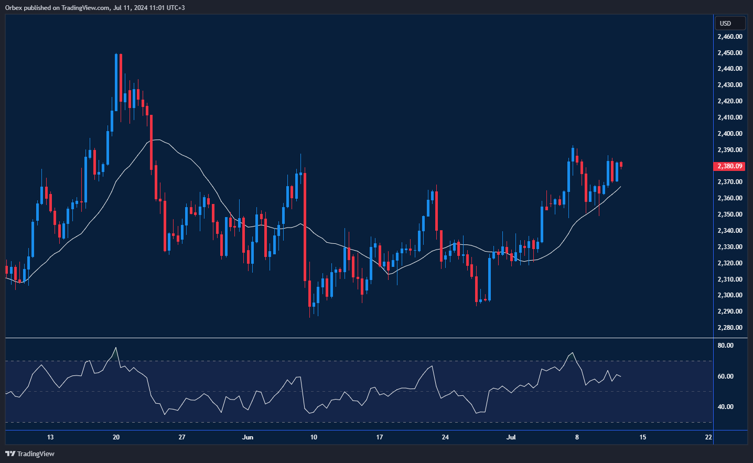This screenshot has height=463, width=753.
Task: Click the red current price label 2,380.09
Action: (729, 166)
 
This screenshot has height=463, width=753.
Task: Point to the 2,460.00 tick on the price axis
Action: (729, 37)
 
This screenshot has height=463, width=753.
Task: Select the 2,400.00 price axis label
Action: (729, 134)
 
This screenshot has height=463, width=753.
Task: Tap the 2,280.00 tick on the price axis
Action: (729, 328)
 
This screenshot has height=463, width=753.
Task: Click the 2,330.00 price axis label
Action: (729, 247)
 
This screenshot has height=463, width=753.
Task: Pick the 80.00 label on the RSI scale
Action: (726, 346)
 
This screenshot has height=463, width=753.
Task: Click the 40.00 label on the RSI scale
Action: (726, 407)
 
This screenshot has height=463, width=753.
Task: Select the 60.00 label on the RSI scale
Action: (726, 376)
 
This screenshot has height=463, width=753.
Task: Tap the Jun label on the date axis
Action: (248, 437)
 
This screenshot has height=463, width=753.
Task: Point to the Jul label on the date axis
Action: (511, 437)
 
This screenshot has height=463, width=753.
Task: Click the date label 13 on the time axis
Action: (50, 437)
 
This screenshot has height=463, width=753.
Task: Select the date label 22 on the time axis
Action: (708, 437)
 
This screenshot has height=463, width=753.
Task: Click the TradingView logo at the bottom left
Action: (30, 454)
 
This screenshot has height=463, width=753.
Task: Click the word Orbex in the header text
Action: (14, 8)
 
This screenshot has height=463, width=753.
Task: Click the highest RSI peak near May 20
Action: (116, 348)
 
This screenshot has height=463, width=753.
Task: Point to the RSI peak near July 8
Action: (572, 353)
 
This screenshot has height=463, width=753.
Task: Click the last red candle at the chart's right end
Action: (621, 164)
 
